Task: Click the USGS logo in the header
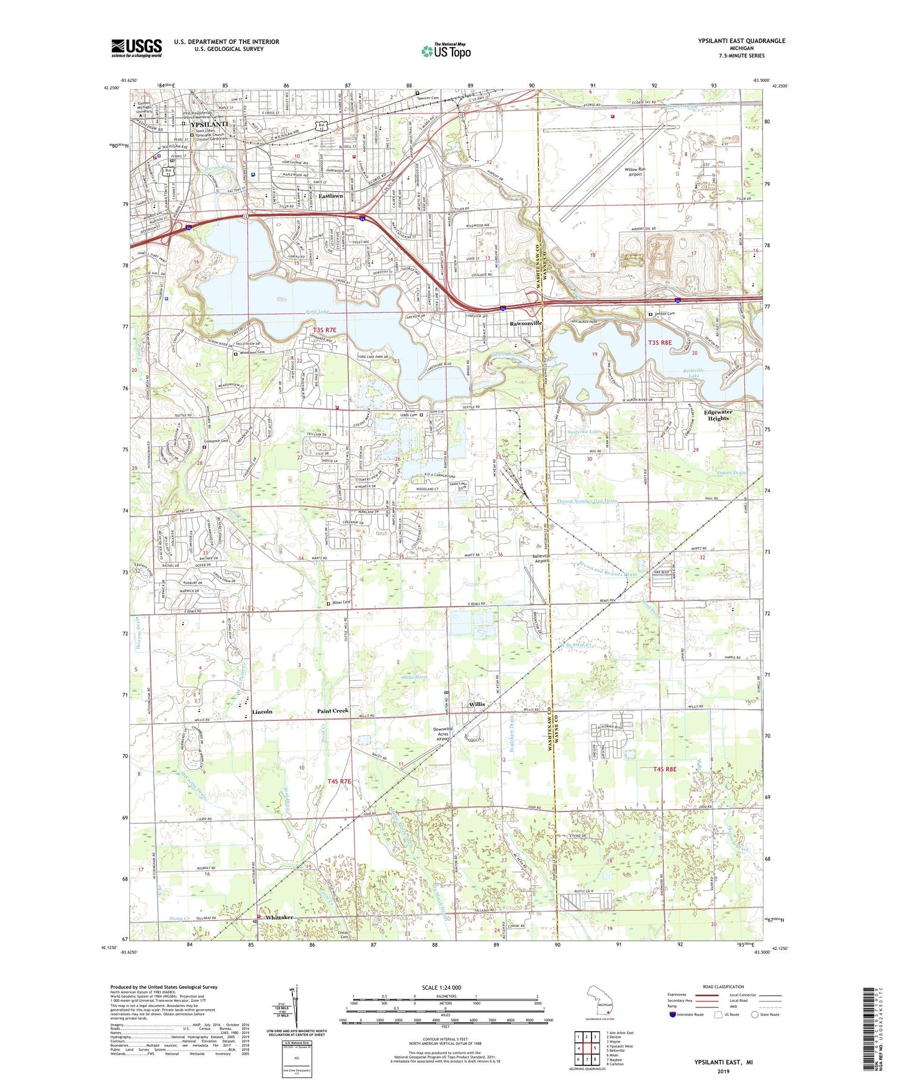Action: click(137, 48)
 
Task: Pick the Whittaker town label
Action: click(277, 918)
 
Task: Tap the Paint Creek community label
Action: click(333, 711)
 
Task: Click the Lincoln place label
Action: click(262, 711)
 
